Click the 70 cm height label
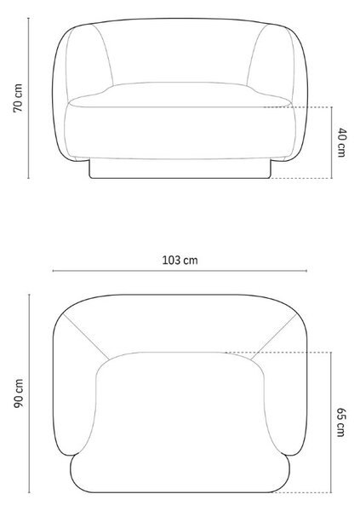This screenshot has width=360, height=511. pos(18,98)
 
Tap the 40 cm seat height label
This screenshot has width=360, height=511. pos(341,142)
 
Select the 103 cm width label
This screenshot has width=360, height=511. pos(180,260)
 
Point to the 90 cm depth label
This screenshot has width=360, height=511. pos(19,393)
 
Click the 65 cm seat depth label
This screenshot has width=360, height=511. pos(340,422)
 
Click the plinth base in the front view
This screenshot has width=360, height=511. pos(180,169)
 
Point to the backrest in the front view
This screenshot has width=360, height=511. pos(180,52)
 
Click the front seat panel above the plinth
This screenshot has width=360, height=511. pos(180,133)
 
